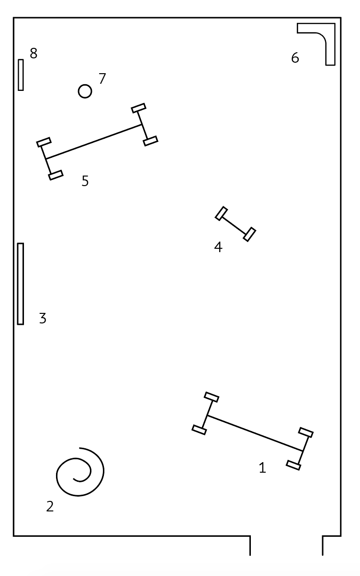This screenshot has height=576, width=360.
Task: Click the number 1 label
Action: click(x=262, y=468)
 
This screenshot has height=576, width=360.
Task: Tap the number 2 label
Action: click(x=50, y=506)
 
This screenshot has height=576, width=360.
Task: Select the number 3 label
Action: click(x=43, y=318)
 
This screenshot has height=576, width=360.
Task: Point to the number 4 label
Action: click(x=218, y=247)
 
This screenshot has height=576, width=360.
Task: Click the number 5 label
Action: click(x=85, y=181)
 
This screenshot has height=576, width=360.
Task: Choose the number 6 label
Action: click(x=295, y=58)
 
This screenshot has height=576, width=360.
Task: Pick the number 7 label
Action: click(x=102, y=78)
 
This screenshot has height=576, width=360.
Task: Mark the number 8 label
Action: click(x=33, y=54)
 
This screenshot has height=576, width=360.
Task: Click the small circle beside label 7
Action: click(x=85, y=91)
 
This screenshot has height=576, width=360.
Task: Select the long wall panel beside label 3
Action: click(x=21, y=284)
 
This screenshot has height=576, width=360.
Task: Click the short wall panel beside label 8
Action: click(x=21, y=75)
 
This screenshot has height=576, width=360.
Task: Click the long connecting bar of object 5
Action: click(x=94, y=142)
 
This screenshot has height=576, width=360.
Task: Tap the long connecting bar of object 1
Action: click(x=255, y=433)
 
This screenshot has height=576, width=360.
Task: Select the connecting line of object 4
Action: click(x=236, y=224)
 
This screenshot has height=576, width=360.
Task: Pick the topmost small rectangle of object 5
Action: click(x=138, y=108)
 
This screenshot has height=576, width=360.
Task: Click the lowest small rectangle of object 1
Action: click(x=293, y=465)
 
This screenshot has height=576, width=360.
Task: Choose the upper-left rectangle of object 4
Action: click(x=221, y=213)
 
